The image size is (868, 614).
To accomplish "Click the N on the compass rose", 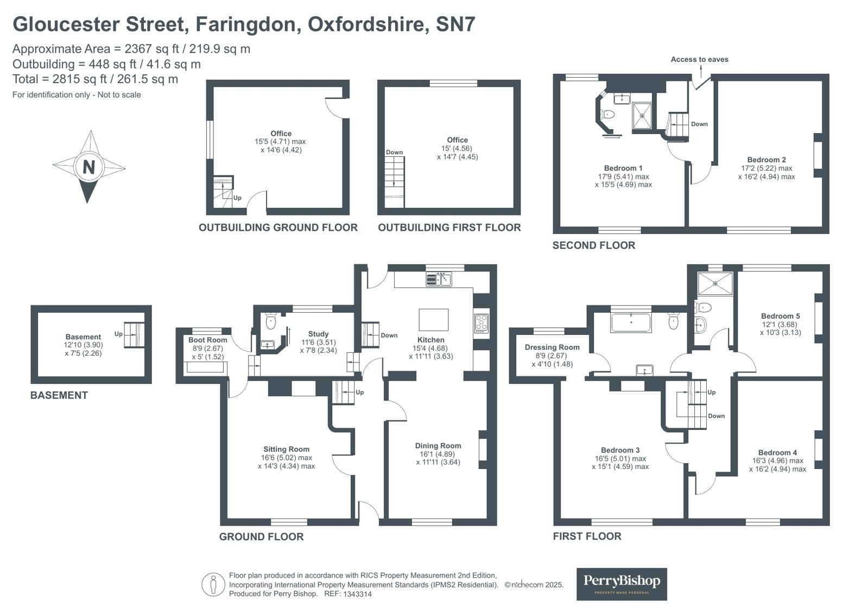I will point(88,167).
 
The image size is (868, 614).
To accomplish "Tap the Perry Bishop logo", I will point(621,584).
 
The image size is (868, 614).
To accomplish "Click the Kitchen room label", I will point(430,340).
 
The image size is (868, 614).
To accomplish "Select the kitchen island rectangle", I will point(433,319).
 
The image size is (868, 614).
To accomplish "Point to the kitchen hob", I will point(481,323).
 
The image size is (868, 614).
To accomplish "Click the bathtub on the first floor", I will point(630,322).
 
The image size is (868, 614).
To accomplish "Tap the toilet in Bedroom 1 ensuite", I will point(607,115).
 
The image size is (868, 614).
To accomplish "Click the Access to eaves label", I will point(699,59).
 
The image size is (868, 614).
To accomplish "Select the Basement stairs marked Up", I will point(134,334).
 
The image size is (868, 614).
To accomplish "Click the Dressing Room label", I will point(552,347).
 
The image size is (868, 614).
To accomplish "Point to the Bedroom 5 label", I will point(780,316).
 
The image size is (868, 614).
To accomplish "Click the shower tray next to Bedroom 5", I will point(715,284).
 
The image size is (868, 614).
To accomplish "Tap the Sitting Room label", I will point(286,449).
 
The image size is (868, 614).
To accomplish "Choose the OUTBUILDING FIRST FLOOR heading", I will point(449,227).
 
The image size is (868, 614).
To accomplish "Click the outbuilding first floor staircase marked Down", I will point(395,182).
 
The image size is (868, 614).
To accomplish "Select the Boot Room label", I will point(208,340).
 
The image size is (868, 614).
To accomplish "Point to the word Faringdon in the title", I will point(248,24).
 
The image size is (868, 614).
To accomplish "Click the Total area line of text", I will point(95,79).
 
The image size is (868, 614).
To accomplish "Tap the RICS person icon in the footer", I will point(213,585).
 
